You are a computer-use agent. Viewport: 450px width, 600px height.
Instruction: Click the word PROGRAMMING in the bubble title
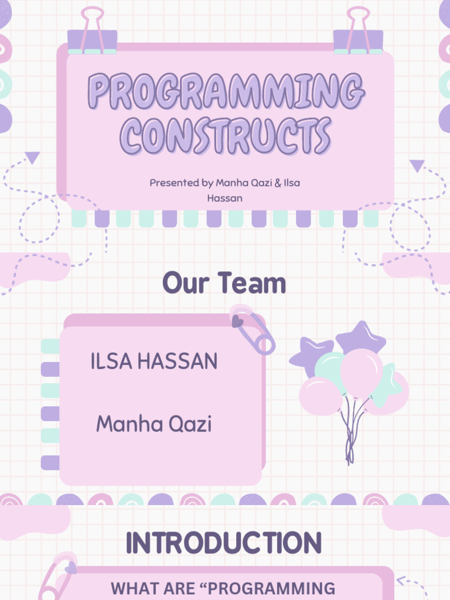click(x=226, y=93)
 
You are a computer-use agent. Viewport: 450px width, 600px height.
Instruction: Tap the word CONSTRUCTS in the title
click(x=226, y=136)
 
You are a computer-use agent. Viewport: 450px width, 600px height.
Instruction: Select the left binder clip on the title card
click(x=93, y=32)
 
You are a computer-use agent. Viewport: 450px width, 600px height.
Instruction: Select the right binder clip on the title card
click(x=358, y=32)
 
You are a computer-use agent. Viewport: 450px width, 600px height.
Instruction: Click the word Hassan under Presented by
click(x=224, y=199)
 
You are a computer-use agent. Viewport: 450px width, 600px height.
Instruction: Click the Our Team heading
click(x=224, y=284)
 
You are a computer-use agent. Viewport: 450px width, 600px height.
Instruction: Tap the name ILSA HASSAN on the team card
click(x=154, y=362)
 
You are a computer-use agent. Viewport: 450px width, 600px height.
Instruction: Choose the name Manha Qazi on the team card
click(x=154, y=424)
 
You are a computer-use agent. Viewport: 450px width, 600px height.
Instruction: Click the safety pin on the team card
click(x=253, y=329)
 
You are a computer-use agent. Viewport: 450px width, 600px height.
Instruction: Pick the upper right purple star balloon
click(x=360, y=338)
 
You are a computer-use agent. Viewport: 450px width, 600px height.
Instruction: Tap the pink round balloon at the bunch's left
click(x=320, y=396)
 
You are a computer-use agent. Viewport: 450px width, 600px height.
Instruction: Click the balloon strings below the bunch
click(x=350, y=434)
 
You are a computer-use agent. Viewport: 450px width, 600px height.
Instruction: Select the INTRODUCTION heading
click(x=224, y=543)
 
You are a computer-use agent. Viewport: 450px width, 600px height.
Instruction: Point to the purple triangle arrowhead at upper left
click(x=33, y=157)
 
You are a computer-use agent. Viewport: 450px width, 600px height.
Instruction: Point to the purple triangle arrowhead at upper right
click(x=417, y=166)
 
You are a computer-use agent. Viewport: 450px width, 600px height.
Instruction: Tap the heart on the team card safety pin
click(x=237, y=321)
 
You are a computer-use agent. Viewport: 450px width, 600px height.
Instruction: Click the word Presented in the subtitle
click(x=174, y=183)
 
